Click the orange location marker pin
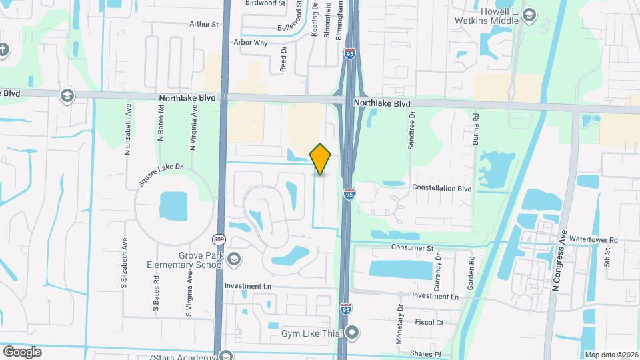(321, 159)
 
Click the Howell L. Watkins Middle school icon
(529, 15)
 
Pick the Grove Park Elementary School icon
(233, 259)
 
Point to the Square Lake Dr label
(159, 173)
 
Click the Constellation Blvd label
(441, 189)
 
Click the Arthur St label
(204, 24)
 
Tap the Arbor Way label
(251, 42)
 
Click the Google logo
(22, 351)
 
